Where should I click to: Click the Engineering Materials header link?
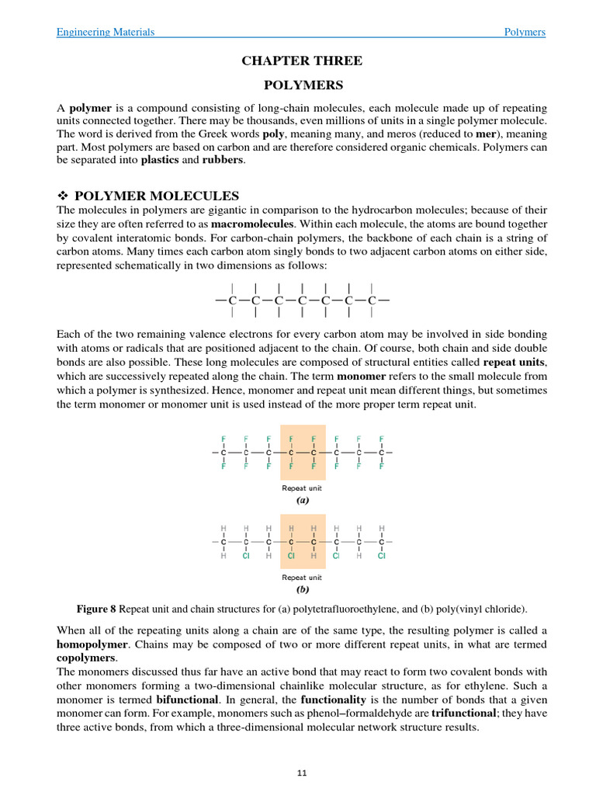(x=106, y=32)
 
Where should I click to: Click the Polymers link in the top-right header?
(x=525, y=32)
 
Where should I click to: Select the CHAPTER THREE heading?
(x=302, y=61)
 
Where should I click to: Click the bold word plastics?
(x=159, y=160)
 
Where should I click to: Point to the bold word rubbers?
(x=223, y=160)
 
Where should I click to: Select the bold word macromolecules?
(x=252, y=224)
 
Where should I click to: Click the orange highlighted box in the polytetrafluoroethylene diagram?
(x=302, y=452)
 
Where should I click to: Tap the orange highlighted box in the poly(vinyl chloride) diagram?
(x=302, y=541)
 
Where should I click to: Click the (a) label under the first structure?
(x=302, y=501)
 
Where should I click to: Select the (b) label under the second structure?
(x=302, y=589)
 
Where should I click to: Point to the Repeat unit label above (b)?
(x=302, y=577)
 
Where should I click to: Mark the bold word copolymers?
(x=85, y=658)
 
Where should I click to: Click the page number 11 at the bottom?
(x=302, y=773)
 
